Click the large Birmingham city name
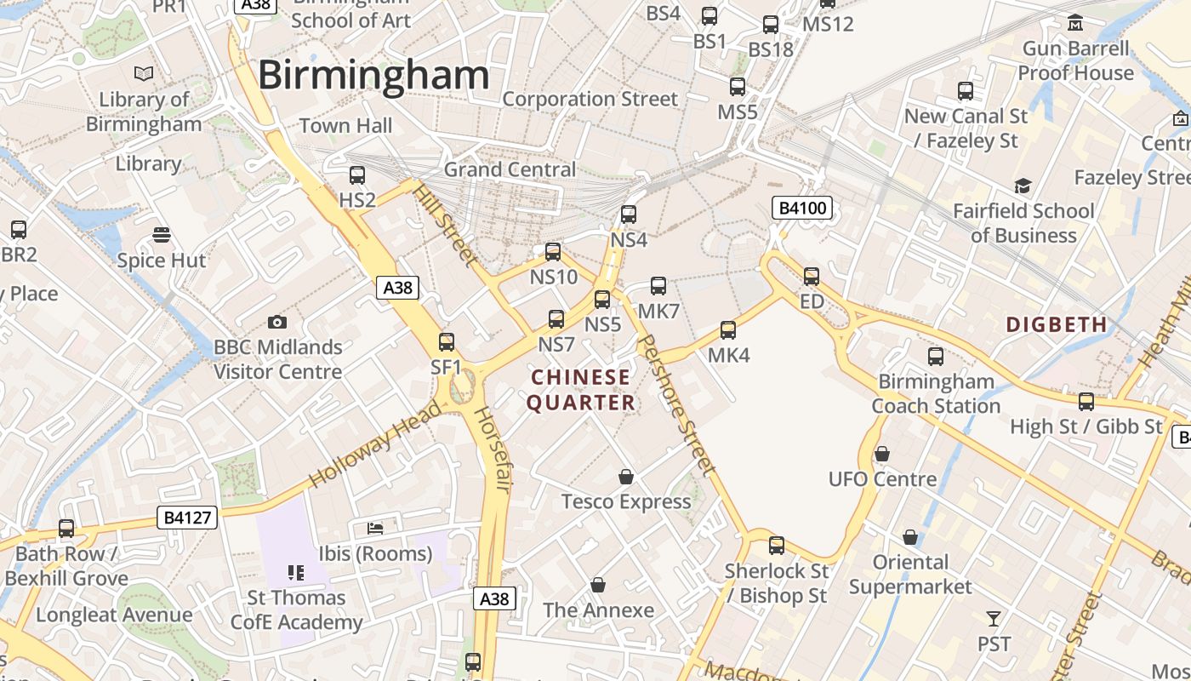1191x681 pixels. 373,75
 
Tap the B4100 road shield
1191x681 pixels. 801,208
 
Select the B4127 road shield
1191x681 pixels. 187,517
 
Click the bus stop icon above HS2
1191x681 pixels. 357,175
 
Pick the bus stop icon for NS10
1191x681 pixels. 553,252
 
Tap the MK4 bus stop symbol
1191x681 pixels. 728,330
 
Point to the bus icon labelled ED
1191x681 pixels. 812,277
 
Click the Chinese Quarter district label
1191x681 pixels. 582,390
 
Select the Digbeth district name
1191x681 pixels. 1057,324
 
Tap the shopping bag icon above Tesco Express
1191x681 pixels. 626,477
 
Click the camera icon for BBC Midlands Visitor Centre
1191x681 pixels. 276,322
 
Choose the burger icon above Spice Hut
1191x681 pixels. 161,234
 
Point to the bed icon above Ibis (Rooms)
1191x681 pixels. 375,529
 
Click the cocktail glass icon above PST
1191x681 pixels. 993,619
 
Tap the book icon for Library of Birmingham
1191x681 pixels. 144,74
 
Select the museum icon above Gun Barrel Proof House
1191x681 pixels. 1075,22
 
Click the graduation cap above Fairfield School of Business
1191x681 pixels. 1023,186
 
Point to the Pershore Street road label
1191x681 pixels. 675,403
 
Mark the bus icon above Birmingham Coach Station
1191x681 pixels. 936,357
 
